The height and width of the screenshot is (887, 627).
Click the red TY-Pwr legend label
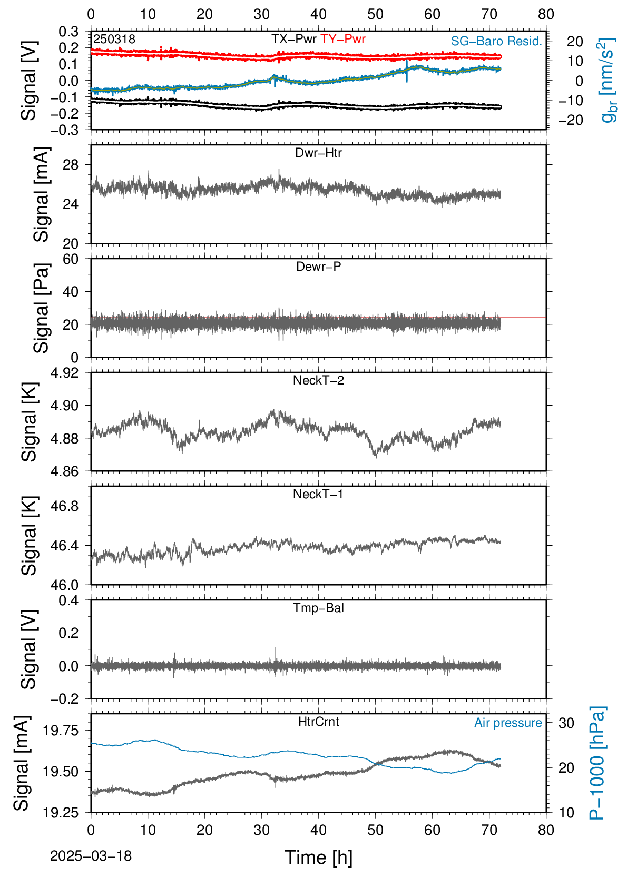(342, 39)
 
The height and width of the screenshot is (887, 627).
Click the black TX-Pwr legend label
(293, 39)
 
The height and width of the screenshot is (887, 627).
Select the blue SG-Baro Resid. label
(496, 41)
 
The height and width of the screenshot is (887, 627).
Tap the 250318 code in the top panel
(114, 39)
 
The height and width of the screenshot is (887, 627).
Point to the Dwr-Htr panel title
(318, 153)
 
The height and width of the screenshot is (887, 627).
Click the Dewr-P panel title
(318, 267)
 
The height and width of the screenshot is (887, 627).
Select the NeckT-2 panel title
(318, 380)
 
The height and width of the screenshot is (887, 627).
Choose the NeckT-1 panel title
(318, 494)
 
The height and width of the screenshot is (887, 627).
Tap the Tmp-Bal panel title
(318, 608)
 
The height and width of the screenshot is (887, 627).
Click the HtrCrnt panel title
(318, 722)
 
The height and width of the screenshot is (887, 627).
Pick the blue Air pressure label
(508, 723)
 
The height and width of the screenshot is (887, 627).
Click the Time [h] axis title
(318, 858)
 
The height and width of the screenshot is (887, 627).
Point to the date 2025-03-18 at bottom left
(91, 856)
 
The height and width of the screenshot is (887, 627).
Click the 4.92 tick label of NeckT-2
(65, 373)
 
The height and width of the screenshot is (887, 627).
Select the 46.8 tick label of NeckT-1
(65, 506)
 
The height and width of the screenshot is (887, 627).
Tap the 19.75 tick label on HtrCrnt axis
(61, 730)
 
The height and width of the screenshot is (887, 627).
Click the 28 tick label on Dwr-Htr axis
(71, 165)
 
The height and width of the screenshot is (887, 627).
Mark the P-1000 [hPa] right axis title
(597, 763)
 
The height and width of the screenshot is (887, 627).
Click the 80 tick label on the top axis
(546, 15)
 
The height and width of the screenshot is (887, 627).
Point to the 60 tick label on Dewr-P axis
(71, 259)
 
